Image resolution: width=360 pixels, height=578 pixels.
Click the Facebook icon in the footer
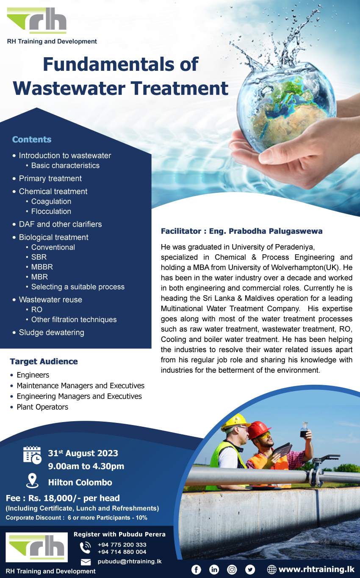coord(196,570)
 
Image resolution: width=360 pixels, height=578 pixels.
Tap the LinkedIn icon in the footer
coord(214,570)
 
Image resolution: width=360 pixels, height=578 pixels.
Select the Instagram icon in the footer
coord(232,570)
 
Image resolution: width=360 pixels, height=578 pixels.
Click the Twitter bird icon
coord(250,570)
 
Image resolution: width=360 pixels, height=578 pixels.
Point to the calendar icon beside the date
coord(32,455)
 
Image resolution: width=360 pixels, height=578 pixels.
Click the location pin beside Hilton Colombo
coord(32,481)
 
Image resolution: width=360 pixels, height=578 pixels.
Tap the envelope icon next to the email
coord(86,562)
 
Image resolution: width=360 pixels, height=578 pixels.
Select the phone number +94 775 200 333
coord(122,545)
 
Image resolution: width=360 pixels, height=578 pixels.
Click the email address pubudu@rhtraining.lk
coord(130,561)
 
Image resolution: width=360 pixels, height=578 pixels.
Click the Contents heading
coord(32,139)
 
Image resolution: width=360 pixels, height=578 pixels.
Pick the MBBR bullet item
coord(42,267)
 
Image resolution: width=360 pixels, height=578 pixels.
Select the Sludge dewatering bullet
coord(51,332)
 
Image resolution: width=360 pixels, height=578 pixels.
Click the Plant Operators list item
coord(42,407)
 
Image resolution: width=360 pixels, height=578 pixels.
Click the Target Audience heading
coord(44,361)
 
